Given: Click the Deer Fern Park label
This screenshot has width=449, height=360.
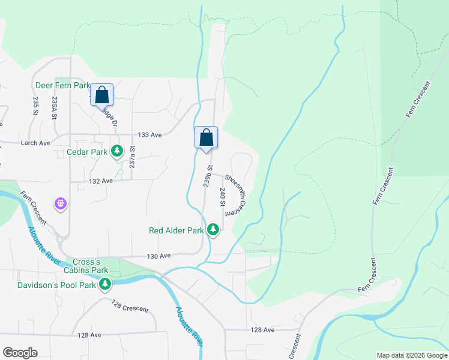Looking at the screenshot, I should coord(61,86).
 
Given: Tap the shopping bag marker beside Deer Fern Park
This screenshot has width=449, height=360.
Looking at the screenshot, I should coord(102,95).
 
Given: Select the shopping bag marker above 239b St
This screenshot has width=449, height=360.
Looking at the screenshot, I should coord(206,137).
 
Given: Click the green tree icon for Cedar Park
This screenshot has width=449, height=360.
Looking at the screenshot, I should coord(118,151).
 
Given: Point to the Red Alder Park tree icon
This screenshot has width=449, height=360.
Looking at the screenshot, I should coord(212,229).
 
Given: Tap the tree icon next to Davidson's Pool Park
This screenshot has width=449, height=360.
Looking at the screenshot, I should coord(105,283).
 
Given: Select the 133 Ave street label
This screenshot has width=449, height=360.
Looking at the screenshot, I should coord(149,136).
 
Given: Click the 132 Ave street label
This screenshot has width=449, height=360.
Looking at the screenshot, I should coord(101,181).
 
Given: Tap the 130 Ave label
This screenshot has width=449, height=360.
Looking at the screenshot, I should coord(160,256).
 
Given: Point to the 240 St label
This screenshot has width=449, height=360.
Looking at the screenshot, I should coord(222,197).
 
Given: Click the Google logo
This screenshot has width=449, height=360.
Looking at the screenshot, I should coord(20,353).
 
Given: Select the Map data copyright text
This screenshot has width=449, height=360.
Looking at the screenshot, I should coord(411,355).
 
